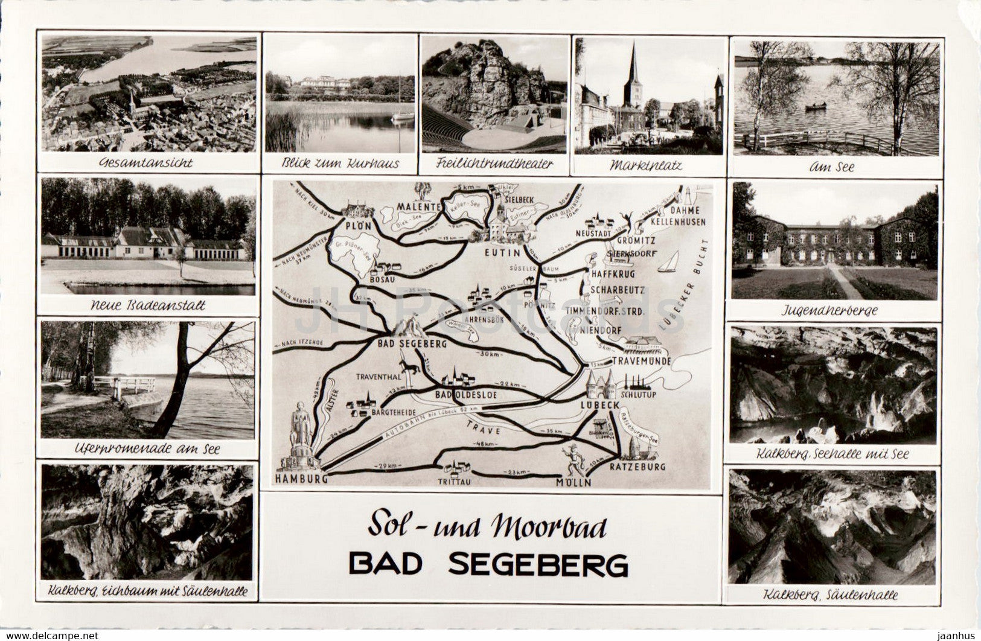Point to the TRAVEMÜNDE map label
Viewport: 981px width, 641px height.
[x=641, y=361]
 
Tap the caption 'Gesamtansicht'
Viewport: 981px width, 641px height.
[x=145, y=162]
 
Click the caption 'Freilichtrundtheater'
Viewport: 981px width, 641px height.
[x=494, y=163]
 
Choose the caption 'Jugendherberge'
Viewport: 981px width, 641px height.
[x=834, y=311]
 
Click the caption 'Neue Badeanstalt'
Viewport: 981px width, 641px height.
[x=148, y=305]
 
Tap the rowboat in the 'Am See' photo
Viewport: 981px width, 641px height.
[x=816, y=107]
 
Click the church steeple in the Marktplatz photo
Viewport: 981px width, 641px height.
[x=633, y=72]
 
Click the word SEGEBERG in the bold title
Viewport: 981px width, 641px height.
[x=538, y=565]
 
